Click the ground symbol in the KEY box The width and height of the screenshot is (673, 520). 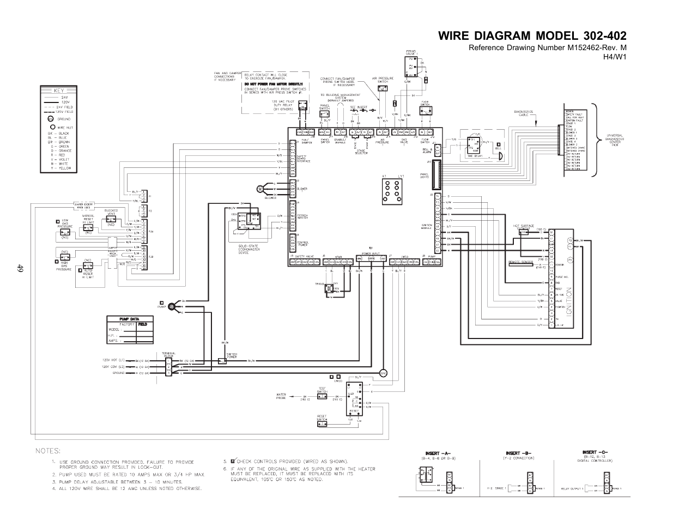tap(51, 118)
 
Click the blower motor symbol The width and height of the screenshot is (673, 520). tap(260, 189)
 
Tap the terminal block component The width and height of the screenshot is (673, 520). tap(168, 366)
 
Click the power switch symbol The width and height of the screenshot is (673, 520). tap(222, 361)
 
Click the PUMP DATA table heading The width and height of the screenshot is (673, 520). tap(123, 319)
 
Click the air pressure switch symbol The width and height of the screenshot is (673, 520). tap(383, 88)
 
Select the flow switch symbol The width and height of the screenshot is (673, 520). tap(425, 111)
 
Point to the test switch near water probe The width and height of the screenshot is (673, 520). tap(322, 397)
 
